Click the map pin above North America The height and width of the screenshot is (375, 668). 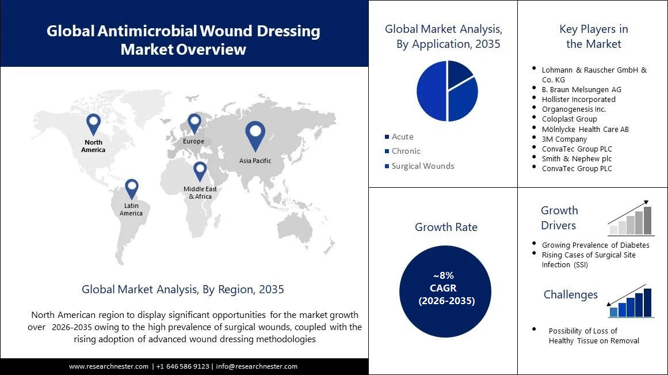coord(93,123)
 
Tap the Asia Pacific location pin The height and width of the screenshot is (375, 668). coord(255,135)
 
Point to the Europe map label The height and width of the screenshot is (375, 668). coord(193,141)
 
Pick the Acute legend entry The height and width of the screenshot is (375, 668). coord(402,137)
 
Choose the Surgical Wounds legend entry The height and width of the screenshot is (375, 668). coord(422,166)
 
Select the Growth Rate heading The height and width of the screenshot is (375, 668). coord(446,227)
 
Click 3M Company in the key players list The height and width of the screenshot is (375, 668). coord(564,139)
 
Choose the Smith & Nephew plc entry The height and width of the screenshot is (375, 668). coord(577,158)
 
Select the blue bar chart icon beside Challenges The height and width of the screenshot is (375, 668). coord(631,303)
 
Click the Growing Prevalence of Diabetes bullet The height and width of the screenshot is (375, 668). coord(595,245)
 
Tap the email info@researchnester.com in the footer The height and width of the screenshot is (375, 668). coord(257,366)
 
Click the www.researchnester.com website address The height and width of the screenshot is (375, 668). coord(109,366)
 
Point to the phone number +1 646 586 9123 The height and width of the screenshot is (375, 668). coord(182,366)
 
